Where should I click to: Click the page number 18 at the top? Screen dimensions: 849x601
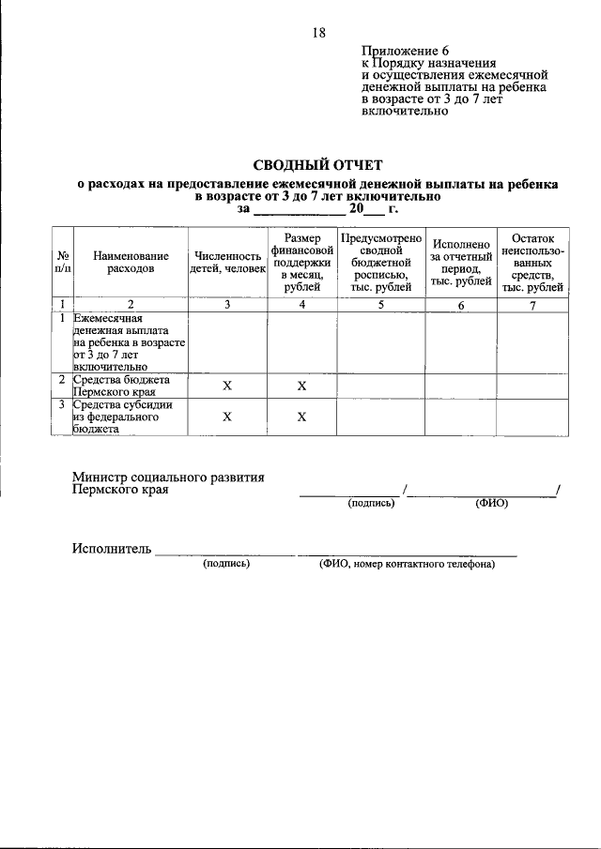coord(318,33)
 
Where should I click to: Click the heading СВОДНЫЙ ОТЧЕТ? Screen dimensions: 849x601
coord(318,164)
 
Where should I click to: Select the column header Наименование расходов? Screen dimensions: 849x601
coord(131,262)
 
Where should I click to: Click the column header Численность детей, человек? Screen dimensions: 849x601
coord(227,262)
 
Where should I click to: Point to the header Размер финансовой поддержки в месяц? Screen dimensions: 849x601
coord(301,263)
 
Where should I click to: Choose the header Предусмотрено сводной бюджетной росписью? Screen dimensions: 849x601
coord(379,263)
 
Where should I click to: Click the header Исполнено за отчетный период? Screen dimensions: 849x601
coord(461,262)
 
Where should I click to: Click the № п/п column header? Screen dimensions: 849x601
coord(61,262)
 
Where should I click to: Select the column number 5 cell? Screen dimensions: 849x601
coord(379,305)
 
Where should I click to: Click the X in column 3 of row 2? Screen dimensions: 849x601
coord(227,386)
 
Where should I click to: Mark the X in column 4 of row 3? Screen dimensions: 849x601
coord(301,417)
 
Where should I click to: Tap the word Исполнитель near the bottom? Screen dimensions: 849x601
coord(111,549)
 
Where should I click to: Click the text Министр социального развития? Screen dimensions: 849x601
coord(168,477)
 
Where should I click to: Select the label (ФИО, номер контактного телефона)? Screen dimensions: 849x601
coord(407,565)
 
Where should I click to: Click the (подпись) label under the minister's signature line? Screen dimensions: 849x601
coord(371,503)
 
